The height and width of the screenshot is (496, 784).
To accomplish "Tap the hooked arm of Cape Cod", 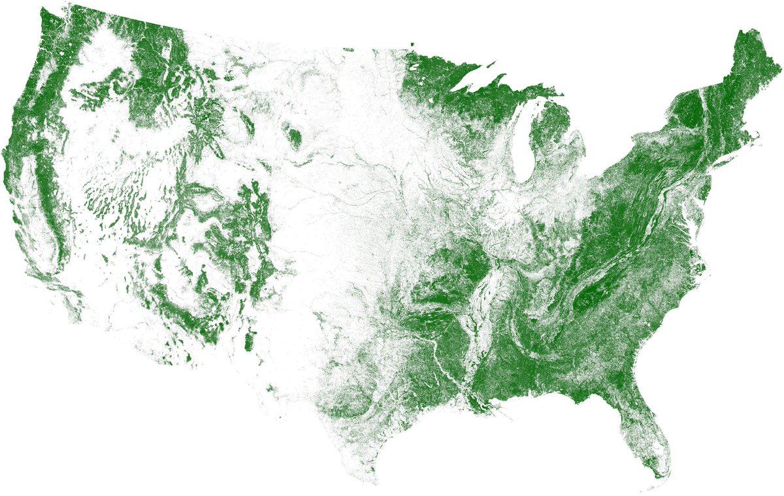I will (x=757, y=139).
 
